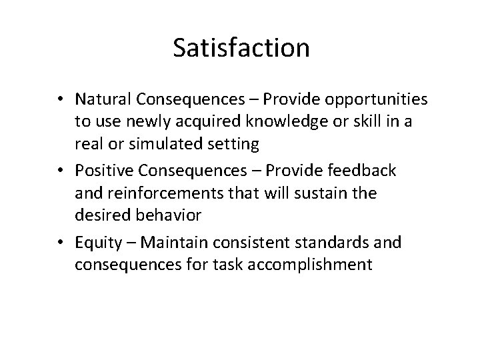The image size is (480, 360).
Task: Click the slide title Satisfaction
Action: coord(241,47)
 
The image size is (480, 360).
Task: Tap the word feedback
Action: coord(363,171)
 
